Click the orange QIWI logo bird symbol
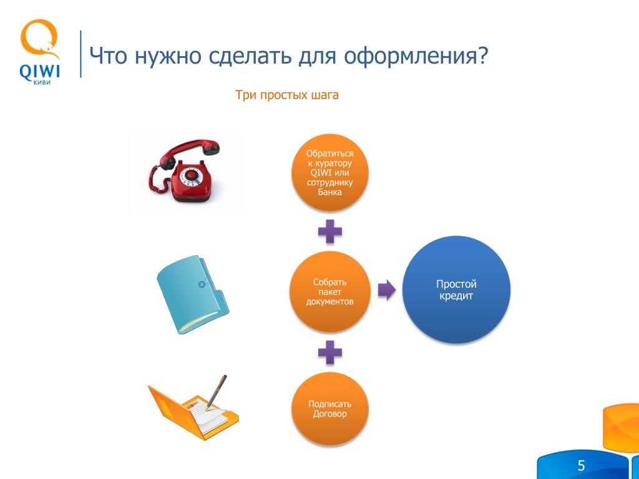(x=39, y=39)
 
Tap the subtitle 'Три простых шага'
(x=286, y=95)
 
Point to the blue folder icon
(x=193, y=294)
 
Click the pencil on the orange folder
(x=216, y=392)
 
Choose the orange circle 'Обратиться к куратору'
(x=329, y=173)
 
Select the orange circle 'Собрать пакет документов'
(x=329, y=292)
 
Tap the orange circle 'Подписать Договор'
(x=329, y=409)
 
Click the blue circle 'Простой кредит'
(x=456, y=289)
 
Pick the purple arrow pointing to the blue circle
(x=386, y=290)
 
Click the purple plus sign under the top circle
(x=329, y=231)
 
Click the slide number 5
(x=581, y=465)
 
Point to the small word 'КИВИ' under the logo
(x=42, y=83)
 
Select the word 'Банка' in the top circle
(x=329, y=192)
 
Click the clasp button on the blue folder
(x=202, y=284)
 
